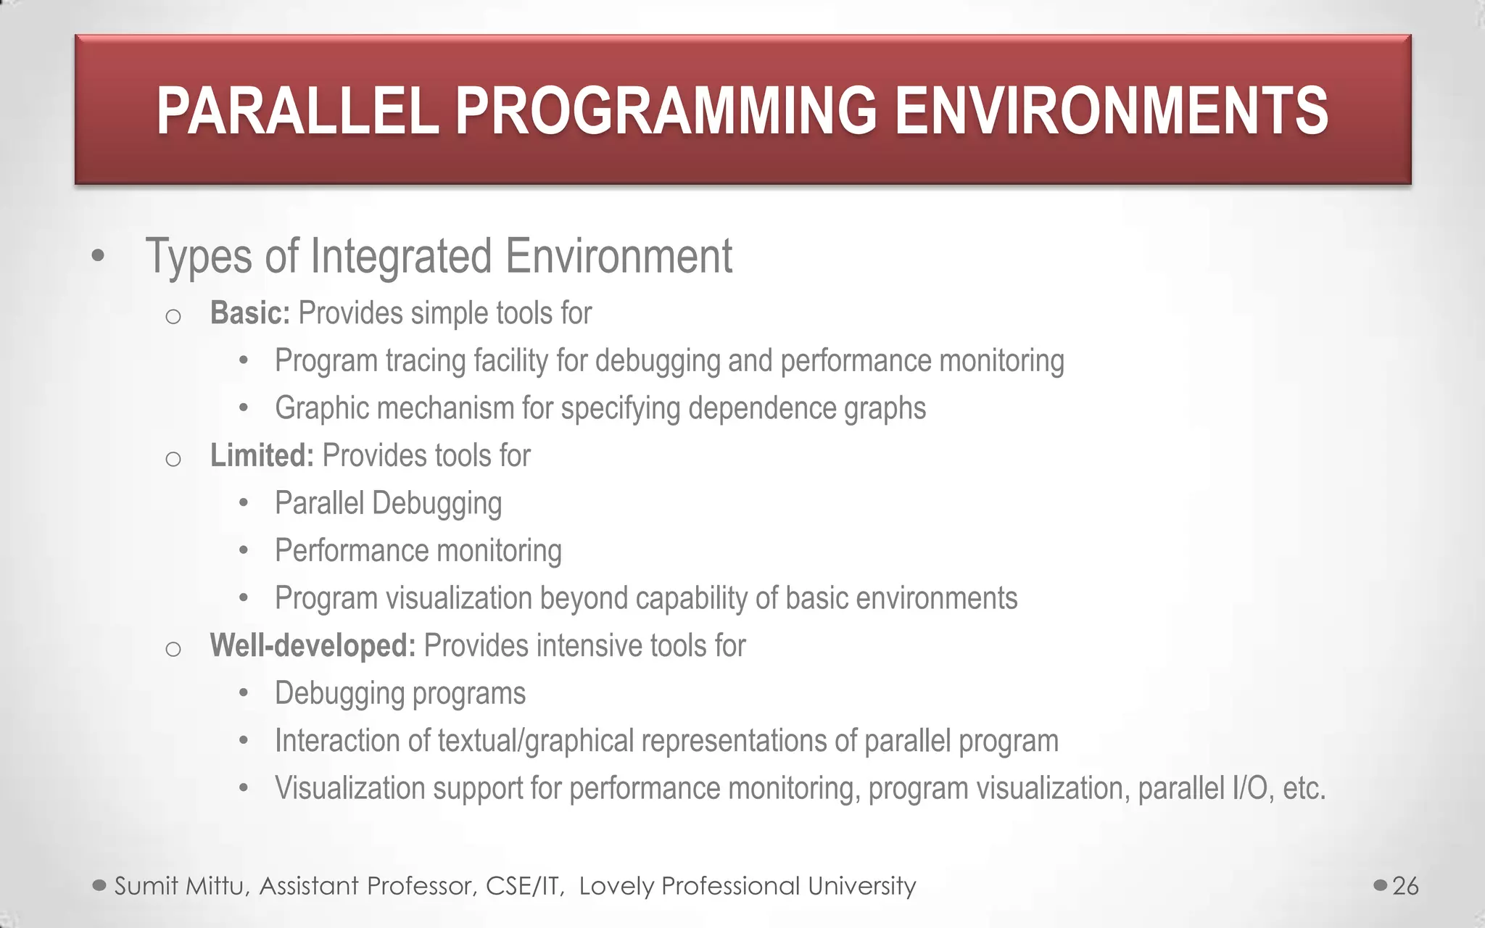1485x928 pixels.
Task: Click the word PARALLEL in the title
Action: [297, 111]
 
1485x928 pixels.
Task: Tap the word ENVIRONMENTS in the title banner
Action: [1111, 111]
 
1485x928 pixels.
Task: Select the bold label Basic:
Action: [249, 313]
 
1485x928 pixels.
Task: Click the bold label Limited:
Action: [261, 456]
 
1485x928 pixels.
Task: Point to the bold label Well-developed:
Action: [312, 645]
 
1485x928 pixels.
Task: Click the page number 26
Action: [1405, 886]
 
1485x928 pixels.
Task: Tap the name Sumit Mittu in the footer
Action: [181, 886]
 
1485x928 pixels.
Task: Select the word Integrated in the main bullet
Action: [401, 256]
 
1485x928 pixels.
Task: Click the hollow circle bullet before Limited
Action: [173, 459]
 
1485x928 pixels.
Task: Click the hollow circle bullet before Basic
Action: [173, 316]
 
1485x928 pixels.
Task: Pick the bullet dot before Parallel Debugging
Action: [244, 503]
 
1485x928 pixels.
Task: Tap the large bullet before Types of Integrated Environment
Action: [99, 256]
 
